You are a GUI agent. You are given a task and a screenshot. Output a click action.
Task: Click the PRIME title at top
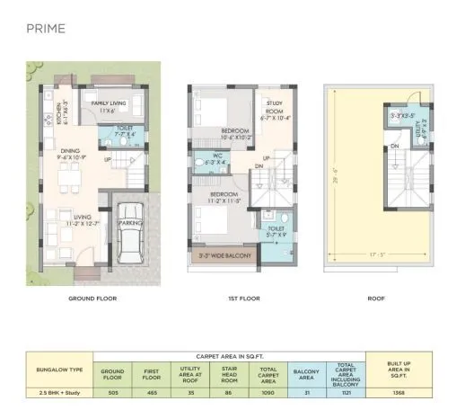pyautogui.click(x=45, y=28)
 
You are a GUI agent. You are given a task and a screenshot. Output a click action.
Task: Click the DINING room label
pyautogui.click(x=70, y=154)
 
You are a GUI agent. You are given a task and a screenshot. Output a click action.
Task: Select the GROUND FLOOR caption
pyautogui.click(x=93, y=298)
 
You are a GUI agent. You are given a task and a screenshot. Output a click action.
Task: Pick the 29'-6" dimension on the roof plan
pyautogui.click(x=334, y=179)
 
